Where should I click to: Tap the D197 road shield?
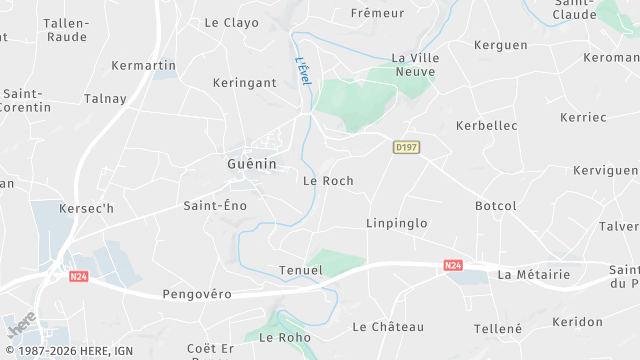point(406,147)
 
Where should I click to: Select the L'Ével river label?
point(303,76)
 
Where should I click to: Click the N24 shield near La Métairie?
point(452,265)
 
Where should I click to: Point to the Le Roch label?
point(328,181)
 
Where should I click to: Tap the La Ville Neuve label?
point(416,65)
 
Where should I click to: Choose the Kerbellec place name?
point(486,125)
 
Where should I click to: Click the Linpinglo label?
point(396,222)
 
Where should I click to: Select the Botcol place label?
point(496,206)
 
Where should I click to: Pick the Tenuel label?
point(301,270)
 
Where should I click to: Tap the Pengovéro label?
point(197,294)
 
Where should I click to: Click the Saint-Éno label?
point(214,205)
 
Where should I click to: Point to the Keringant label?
point(243,84)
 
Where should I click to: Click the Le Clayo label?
point(231,22)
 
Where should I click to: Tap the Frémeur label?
point(378,13)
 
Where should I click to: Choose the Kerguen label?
point(500,45)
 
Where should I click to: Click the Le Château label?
point(388,327)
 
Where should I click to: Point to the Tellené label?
point(498,328)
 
